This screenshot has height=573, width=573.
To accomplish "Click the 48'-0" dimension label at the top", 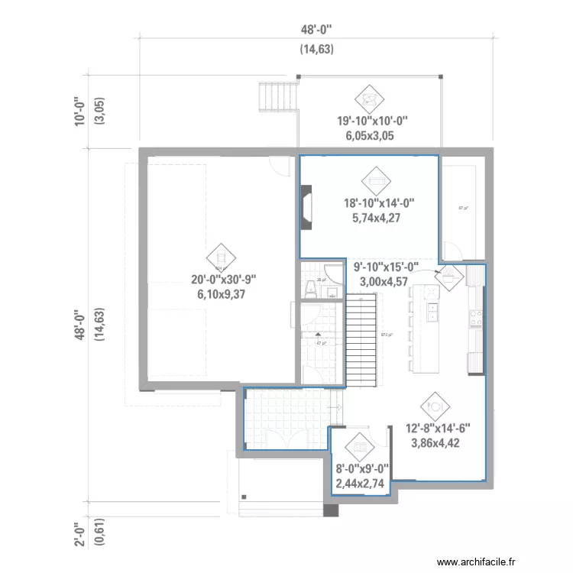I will click(x=316, y=29).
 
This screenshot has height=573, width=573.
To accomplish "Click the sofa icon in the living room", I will click(x=376, y=180).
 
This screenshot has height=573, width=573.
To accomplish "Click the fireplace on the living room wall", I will click(x=306, y=209).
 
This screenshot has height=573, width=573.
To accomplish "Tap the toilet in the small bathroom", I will click(x=311, y=287).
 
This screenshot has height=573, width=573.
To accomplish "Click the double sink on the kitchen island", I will click(x=432, y=311).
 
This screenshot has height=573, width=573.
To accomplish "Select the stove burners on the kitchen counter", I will click(x=476, y=317).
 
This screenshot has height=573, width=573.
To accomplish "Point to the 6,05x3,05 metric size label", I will click(x=373, y=135).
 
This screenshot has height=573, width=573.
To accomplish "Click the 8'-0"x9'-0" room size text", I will click(x=362, y=468).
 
